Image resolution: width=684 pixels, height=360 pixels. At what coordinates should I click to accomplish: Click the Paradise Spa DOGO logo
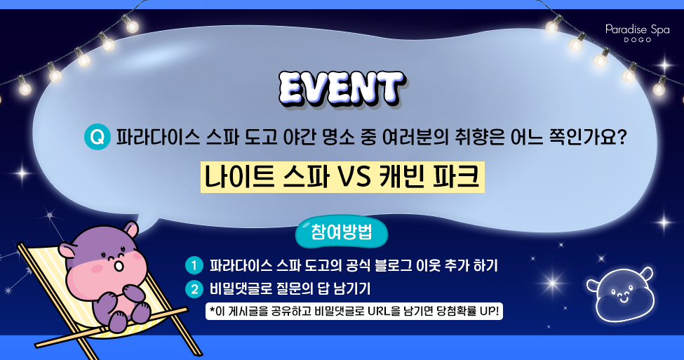[637, 33]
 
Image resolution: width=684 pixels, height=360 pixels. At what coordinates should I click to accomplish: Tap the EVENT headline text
[341, 89]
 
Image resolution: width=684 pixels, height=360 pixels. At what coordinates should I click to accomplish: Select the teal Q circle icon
[97, 136]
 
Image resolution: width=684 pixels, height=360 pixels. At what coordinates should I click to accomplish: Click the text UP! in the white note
[488, 311]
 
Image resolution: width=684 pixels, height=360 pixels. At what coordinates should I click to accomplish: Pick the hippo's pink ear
[67, 250]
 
